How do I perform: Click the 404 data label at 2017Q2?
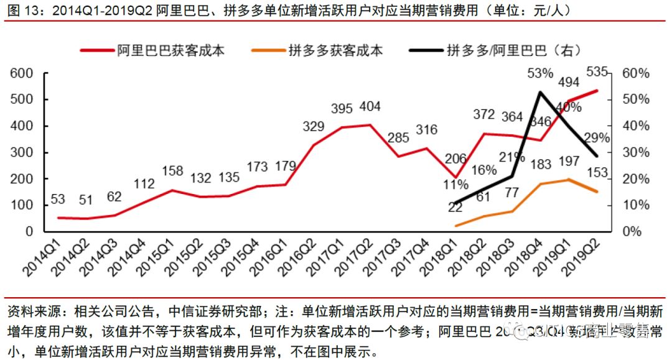[x=370, y=106]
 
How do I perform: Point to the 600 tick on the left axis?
[x=22, y=73]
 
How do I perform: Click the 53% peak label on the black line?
[x=539, y=74]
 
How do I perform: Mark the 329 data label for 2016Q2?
[x=313, y=127]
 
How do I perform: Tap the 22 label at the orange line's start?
[x=455, y=208]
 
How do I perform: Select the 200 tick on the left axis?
[x=22, y=179]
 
